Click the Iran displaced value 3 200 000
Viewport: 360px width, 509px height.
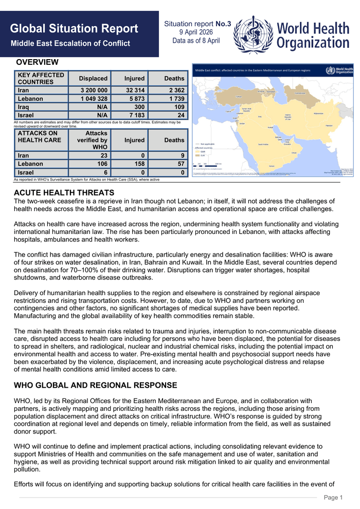coord(93,90)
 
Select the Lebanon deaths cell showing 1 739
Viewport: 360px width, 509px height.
coord(174,99)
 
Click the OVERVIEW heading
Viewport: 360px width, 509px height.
coord(37,62)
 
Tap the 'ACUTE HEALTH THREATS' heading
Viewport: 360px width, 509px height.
coord(64,193)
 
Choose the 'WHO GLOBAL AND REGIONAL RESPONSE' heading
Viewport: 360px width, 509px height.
coord(95,386)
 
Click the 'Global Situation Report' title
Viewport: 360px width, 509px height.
coord(74,29)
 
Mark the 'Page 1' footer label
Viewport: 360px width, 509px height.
coord(333,497)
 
